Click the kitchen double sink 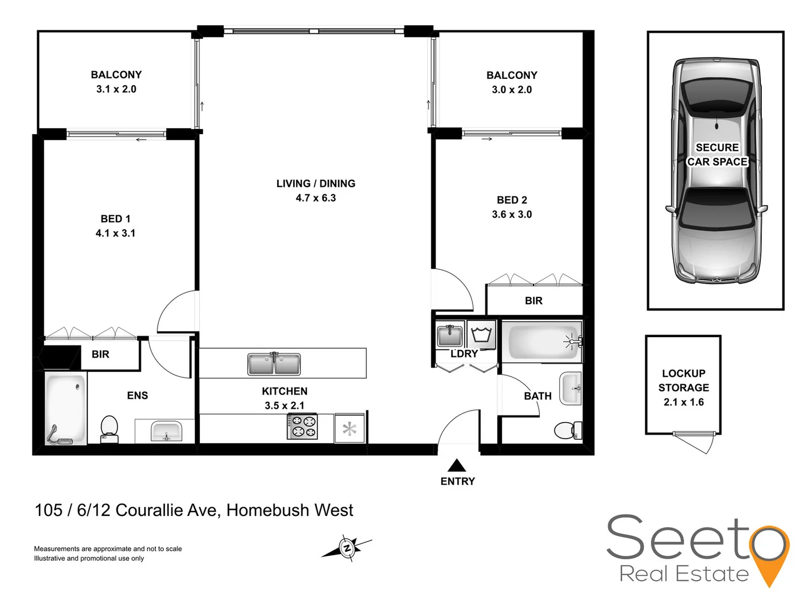(x=274, y=364)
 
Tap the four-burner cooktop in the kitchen (x=302, y=427)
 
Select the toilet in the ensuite (x=109, y=428)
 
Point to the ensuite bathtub (x=66, y=408)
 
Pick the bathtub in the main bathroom (x=541, y=342)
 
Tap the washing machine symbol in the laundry (x=481, y=335)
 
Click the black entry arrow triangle (x=457, y=465)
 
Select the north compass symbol (x=347, y=547)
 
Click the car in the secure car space (x=716, y=171)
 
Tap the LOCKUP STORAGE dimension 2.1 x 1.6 (x=683, y=402)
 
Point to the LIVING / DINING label (x=316, y=183)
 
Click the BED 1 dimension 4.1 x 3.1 (x=115, y=233)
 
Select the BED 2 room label (x=512, y=200)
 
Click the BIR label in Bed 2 (x=533, y=301)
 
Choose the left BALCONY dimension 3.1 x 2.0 (x=116, y=89)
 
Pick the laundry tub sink (x=449, y=335)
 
